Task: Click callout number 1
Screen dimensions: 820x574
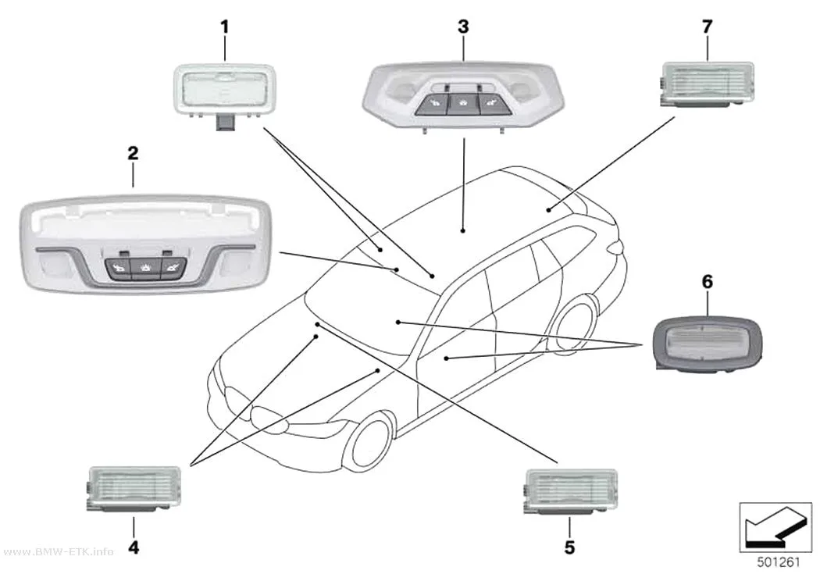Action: (x=225, y=27)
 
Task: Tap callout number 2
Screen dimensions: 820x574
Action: (x=133, y=153)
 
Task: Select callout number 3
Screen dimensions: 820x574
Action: (x=463, y=27)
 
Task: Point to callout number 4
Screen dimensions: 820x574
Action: (x=134, y=547)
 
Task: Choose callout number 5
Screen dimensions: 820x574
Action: (x=569, y=547)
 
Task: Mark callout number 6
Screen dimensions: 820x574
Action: (x=707, y=282)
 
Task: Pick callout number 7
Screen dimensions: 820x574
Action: (x=707, y=27)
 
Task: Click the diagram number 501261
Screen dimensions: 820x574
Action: (x=779, y=562)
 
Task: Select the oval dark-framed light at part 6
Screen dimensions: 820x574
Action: (x=708, y=344)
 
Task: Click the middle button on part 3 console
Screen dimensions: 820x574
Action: (x=462, y=105)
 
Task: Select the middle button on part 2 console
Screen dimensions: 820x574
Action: (x=146, y=269)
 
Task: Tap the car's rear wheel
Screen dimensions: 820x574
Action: (x=575, y=324)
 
